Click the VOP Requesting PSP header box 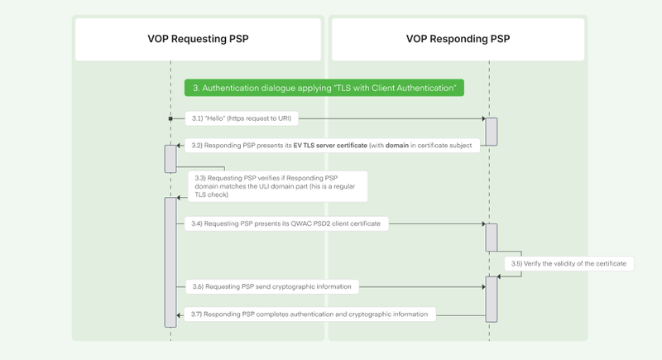pos(198,39)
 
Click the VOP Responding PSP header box pos(458,39)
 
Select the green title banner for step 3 pos(324,88)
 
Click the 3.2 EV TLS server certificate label pos(332,146)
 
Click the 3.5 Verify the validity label pos(570,263)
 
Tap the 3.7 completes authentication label pos(309,314)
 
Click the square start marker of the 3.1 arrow pos(170,119)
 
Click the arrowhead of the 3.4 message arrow pos(482,223)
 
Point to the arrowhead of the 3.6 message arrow pos(482,287)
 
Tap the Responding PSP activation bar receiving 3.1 pos(491,132)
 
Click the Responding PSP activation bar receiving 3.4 pos(491,238)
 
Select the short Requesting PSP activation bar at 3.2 pos(170,158)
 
